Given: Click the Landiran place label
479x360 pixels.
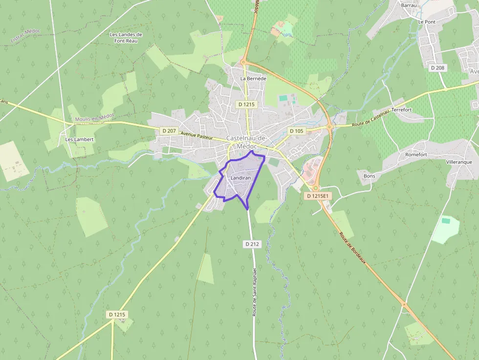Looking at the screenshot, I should pos(240,178).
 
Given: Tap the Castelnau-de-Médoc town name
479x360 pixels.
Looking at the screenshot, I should pos(246,142).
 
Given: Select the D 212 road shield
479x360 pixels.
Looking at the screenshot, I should pos(252,243).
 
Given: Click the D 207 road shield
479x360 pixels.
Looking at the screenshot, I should pos(169,130).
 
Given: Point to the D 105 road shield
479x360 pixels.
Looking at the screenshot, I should pos(296,131).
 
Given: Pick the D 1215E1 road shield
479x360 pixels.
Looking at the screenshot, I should pos(318,196).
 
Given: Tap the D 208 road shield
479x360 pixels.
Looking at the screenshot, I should pos(437,68).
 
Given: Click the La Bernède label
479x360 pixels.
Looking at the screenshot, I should pos(253,78).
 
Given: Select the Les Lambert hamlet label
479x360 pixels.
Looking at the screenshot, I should pos(79,139).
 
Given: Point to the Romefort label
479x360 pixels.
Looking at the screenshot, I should pos(416,154).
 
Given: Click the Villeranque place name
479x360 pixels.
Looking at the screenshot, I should pos(459,162).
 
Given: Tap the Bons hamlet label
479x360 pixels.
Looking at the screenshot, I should pos(370,176).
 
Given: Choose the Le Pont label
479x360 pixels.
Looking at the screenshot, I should pos(426,22).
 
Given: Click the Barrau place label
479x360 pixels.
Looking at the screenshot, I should pos(409,5).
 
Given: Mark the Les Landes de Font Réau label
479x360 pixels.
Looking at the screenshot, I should pos(126,38).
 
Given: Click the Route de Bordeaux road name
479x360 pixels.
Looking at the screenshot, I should pos(352,248).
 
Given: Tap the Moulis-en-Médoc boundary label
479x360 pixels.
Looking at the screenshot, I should pos(94,118).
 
